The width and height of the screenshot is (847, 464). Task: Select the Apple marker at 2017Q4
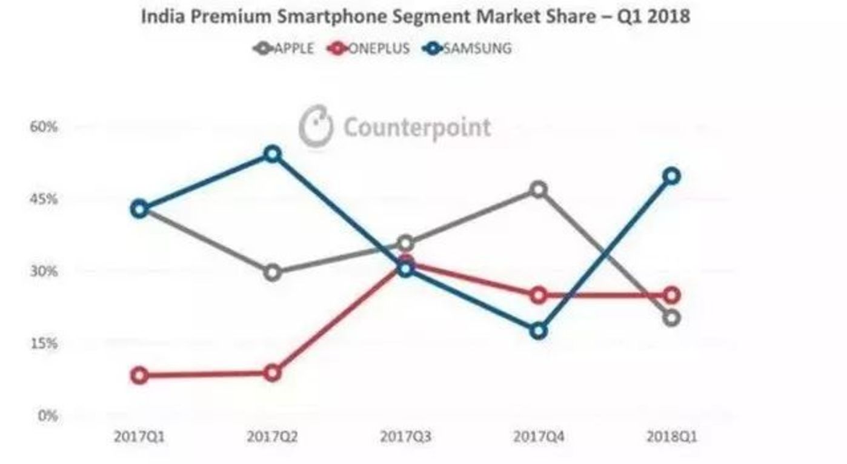point(539,190)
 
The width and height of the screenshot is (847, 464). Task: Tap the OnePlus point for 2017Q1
point(140,375)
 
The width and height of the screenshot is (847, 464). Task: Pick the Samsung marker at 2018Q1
point(671,177)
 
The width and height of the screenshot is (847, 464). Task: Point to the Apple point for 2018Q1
point(671,318)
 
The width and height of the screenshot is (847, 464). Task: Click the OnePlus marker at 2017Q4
point(539,295)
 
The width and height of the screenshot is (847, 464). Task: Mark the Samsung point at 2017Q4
point(539,331)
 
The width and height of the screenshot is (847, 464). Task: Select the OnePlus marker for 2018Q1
point(671,295)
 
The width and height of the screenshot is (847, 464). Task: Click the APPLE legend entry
point(284,49)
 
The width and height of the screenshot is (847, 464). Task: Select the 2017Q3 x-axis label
point(406,436)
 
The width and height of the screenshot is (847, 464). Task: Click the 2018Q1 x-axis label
point(671,436)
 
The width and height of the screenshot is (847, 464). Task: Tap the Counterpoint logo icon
point(316,126)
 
